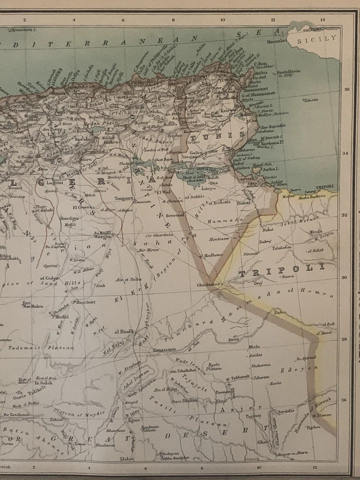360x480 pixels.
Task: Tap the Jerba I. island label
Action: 270,169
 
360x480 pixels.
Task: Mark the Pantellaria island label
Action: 289,71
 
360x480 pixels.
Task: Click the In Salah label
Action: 44,382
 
